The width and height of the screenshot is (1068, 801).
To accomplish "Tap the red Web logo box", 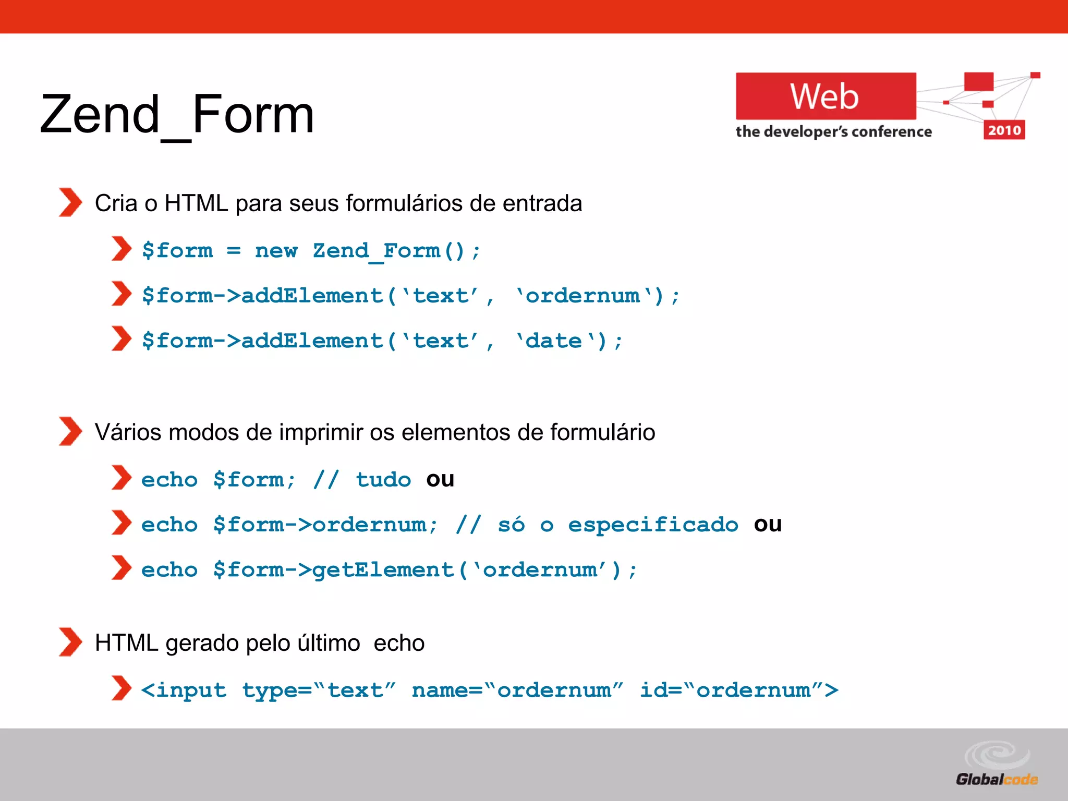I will [825, 96].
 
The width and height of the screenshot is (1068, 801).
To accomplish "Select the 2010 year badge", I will [1004, 130].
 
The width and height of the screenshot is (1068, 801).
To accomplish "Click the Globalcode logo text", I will [997, 779].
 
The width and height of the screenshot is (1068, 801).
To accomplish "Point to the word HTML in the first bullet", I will [196, 203].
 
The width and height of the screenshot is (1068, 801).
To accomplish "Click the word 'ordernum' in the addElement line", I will [583, 296].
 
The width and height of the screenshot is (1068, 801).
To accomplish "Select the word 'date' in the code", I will [554, 341].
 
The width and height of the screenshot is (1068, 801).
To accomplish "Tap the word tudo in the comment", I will [383, 480].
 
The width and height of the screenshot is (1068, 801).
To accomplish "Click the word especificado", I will [653, 525].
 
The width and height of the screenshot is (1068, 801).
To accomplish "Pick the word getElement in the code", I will [383, 570].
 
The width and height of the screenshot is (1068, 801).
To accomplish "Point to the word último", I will [329, 643].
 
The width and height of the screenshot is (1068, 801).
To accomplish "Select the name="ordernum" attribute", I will [517, 690].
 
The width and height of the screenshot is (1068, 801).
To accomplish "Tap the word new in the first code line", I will [276, 251].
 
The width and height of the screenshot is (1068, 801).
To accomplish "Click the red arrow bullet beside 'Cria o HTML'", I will [70, 202].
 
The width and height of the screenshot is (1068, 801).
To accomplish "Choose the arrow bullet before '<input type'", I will [121, 688].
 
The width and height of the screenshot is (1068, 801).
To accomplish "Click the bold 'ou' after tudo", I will [440, 479].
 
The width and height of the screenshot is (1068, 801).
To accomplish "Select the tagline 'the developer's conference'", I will [833, 131].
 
